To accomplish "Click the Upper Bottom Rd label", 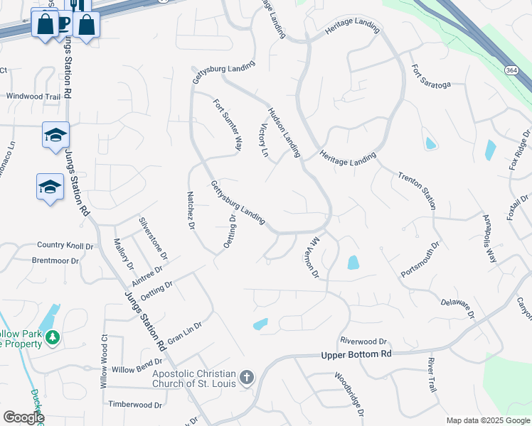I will [x=356, y=354].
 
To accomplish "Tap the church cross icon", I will [x=246, y=376].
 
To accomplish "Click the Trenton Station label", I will [x=416, y=190].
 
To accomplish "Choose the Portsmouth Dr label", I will [x=420, y=261].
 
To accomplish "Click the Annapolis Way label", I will [x=489, y=238].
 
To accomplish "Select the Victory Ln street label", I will [x=262, y=138].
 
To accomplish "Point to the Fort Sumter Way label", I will [x=228, y=124].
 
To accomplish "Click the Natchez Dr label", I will [x=191, y=211].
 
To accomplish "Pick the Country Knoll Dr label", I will [x=65, y=246].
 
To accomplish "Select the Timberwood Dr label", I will [x=135, y=404].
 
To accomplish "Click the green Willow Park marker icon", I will [x=51, y=338].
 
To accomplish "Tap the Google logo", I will [x=23, y=417].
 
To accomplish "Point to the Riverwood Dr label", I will [x=363, y=341].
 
